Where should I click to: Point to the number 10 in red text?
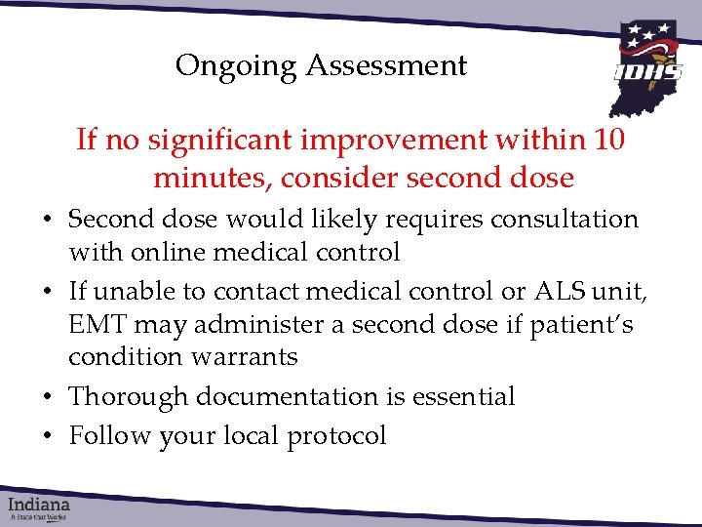tap(608, 141)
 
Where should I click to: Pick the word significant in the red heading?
tap(226, 141)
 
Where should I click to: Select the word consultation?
tap(557, 220)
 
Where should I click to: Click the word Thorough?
tap(129, 396)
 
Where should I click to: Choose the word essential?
tap(462, 396)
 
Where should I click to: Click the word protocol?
tap(336, 435)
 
